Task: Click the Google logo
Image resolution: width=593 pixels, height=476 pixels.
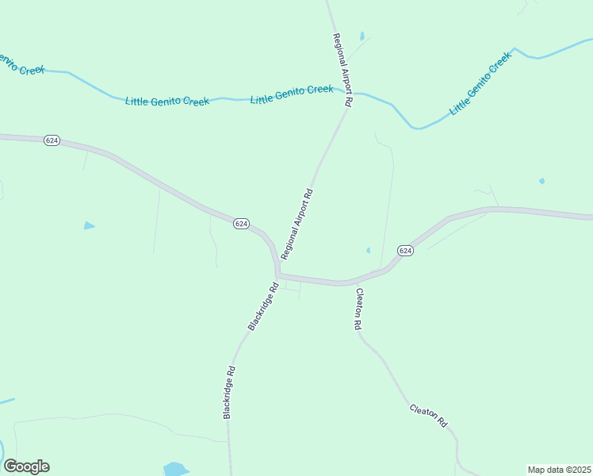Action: [x=26, y=466]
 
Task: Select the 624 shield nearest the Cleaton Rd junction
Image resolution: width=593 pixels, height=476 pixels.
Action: [x=405, y=250]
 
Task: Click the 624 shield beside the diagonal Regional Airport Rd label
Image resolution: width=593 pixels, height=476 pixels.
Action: [x=242, y=225]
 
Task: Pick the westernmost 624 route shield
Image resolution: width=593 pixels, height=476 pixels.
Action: [x=52, y=140]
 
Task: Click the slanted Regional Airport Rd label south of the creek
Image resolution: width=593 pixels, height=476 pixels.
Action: [x=297, y=224]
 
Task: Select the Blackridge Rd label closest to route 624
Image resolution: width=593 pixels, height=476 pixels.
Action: [x=263, y=306]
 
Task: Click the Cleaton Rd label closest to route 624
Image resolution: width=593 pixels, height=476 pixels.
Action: [x=358, y=309]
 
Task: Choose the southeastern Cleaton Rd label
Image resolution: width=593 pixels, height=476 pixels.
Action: [x=429, y=416]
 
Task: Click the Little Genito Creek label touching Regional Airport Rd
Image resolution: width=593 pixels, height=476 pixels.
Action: [x=292, y=94]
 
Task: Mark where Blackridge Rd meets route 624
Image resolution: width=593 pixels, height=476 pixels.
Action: [x=277, y=275]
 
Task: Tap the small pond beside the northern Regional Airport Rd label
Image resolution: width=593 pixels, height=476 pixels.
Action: [x=362, y=36]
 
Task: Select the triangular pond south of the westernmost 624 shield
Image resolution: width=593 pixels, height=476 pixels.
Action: [x=89, y=226]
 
